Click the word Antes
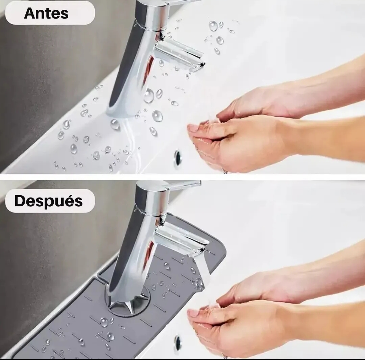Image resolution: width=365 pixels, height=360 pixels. point(46,13)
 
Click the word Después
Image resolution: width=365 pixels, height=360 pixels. point(48,201)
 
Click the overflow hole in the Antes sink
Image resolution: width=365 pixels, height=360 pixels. point(178,157)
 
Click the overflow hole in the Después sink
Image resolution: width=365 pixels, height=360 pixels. point(177,343)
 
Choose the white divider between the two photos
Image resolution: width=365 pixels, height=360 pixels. point(182,177)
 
